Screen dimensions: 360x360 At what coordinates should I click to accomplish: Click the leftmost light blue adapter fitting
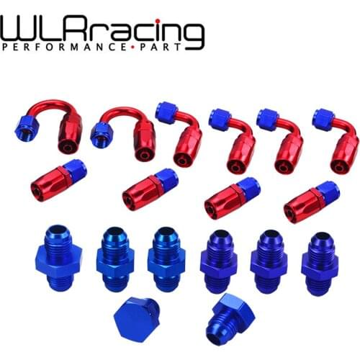(x=57, y=255)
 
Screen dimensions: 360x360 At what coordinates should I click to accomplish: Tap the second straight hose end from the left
(x=150, y=189)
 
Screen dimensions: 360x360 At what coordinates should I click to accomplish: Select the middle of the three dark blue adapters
(x=269, y=259)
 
